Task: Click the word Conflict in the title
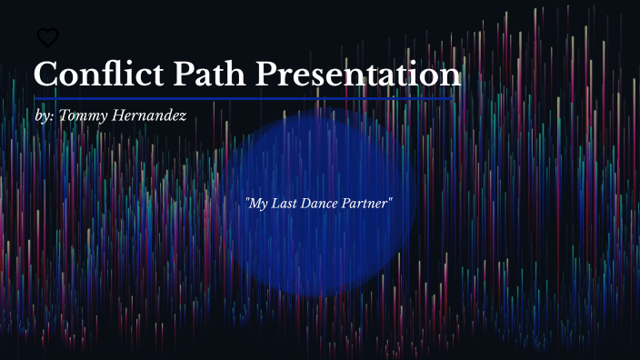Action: [x=99, y=74]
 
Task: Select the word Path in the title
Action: [x=209, y=74]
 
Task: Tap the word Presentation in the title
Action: [x=358, y=74]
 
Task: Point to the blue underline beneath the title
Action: [x=244, y=99]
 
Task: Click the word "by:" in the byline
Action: [x=45, y=115]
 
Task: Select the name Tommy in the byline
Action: [x=84, y=115]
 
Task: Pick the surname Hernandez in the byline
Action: [x=149, y=115]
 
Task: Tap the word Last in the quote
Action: [x=284, y=204]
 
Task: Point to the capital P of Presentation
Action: [x=267, y=74]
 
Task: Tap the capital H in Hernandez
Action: [x=119, y=115]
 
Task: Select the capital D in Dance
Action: [x=306, y=204]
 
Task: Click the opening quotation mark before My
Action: [x=247, y=200]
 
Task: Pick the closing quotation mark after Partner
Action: [x=390, y=200]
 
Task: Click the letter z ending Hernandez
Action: [x=183, y=117]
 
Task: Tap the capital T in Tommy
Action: [x=65, y=115]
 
